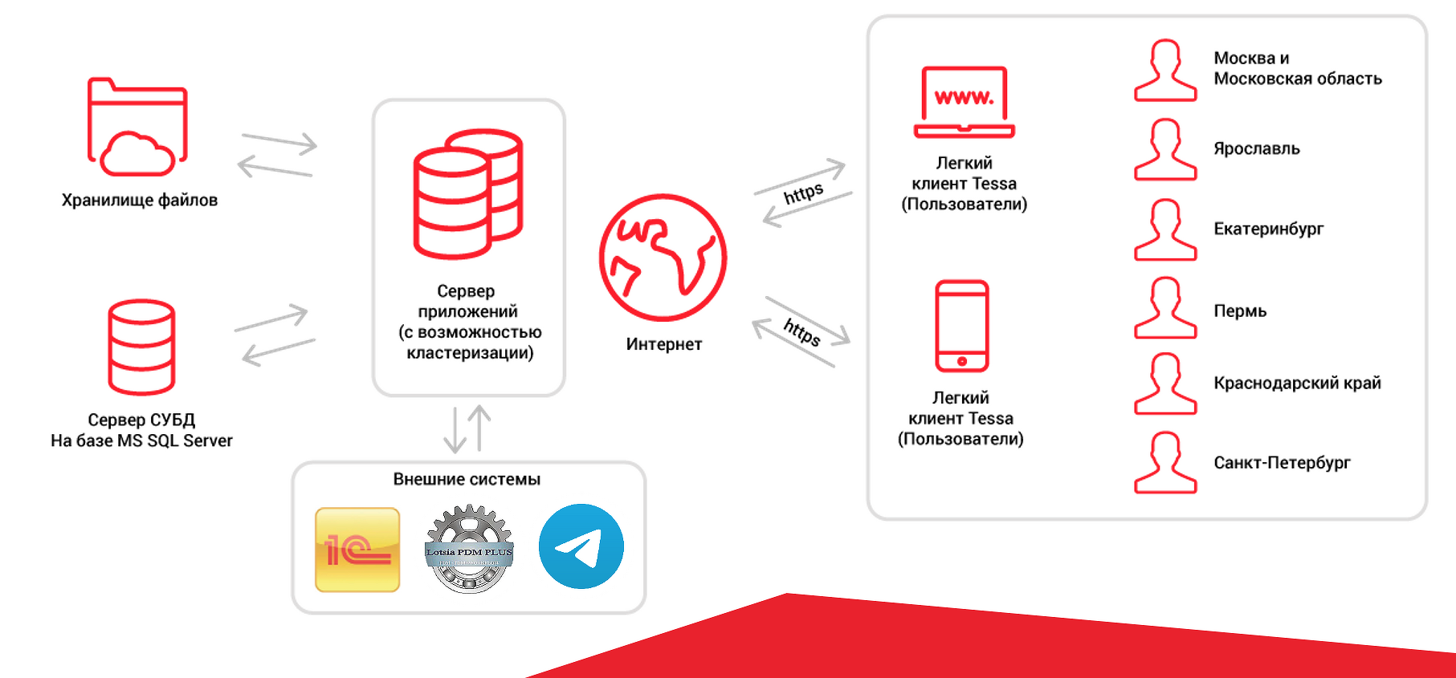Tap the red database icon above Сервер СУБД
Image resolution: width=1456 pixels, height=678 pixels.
coord(141,347)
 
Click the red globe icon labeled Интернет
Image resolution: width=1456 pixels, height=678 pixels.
coord(663,258)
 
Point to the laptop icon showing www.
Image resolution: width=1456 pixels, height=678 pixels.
coord(964,103)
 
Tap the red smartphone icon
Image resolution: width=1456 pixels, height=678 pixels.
coord(961,326)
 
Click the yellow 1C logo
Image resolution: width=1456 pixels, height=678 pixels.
coord(357,550)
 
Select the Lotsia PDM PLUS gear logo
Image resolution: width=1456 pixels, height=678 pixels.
coord(469,549)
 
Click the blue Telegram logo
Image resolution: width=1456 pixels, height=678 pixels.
coord(581,546)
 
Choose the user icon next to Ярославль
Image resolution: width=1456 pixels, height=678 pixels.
coord(1165,149)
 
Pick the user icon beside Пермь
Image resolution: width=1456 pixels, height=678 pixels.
coord(1165,308)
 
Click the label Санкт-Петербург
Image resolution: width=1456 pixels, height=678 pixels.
coord(1282,462)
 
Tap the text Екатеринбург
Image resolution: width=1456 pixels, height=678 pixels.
coord(1268,229)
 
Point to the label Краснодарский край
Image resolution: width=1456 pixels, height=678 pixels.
coord(1297,383)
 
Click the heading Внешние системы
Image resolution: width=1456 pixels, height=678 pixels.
coord(467,479)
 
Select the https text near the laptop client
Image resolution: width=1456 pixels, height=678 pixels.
coord(803,193)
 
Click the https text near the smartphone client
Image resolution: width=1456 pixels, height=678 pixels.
coord(801,331)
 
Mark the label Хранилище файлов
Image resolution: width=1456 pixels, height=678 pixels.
coord(140,200)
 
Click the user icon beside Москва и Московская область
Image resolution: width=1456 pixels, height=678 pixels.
coord(1165,71)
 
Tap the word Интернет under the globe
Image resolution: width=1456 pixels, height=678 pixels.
coord(664,344)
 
